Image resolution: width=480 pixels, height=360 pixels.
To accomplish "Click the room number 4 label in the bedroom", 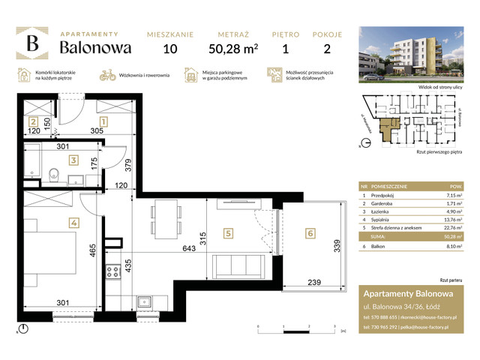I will tap(73, 222).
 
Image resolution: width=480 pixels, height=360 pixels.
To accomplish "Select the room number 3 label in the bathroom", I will tap(73, 160).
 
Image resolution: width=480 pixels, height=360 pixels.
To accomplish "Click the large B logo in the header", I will tap(32, 44).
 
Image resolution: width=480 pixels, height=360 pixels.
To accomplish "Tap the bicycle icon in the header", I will tap(107, 75).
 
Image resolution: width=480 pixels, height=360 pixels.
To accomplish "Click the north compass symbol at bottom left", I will tap(25, 328).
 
